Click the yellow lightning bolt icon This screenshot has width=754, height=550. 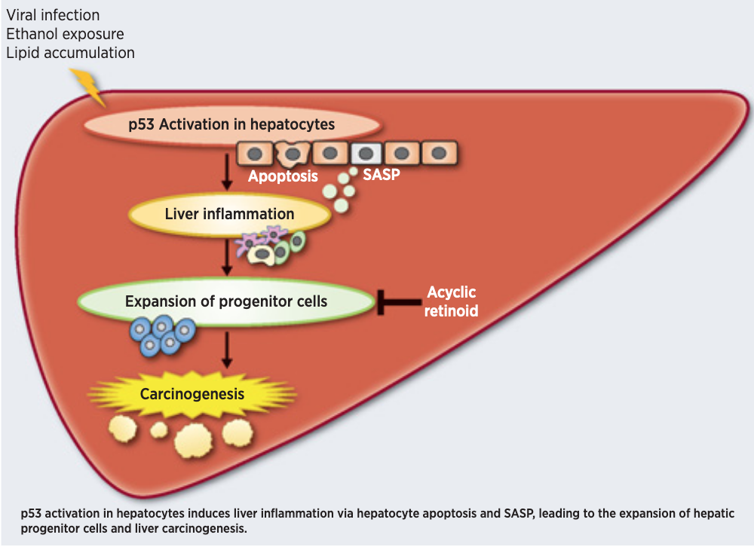tap(89, 87)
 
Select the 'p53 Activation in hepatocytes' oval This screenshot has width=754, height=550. tap(232, 124)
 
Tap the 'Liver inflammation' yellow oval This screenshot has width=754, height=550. tap(229, 214)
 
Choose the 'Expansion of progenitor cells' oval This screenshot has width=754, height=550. tap(226, 301)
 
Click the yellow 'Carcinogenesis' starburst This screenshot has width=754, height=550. tap(192, 394)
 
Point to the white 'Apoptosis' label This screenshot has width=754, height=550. tap(283, 176)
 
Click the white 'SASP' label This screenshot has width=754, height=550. tap(381, 174)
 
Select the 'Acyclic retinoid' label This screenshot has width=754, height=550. tap(451, 301)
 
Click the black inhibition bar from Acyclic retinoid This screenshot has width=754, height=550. tap(399, 302)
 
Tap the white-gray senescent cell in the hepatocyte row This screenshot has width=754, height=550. tap(366, 153)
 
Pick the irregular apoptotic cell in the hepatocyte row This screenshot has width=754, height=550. tap(292, 154)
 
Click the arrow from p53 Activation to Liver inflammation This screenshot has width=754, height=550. tap(227, 172)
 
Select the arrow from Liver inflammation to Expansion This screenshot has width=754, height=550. tap(227, 258)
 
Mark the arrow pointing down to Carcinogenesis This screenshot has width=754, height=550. tap(227, 350)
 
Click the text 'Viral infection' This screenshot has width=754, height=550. tap(53, 15)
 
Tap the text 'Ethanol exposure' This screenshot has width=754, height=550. tap(65, 34)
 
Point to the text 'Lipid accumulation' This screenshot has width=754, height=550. tap(70, 53)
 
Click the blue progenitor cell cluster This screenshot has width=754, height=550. tap(163, 335)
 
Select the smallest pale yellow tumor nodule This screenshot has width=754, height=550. tap(158, 429)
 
